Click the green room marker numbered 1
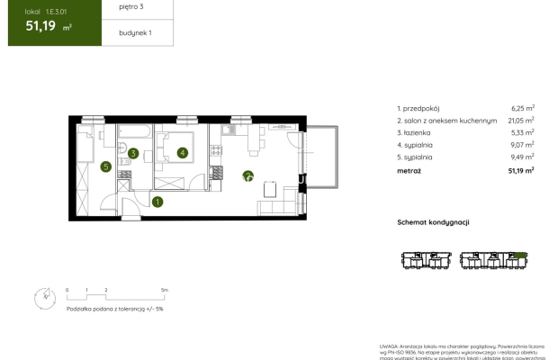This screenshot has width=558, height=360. (x=157, y=202)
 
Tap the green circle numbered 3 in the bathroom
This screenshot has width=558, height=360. (x=132, y=154)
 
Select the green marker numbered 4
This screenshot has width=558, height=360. (x=183, y=153)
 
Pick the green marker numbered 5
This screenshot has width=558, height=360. (x=105, y=166)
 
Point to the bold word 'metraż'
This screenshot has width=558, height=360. (x=409, y=169)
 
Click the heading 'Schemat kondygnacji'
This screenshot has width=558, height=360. (x=434, y=221)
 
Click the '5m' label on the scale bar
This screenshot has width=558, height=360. (x=163, y=291)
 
